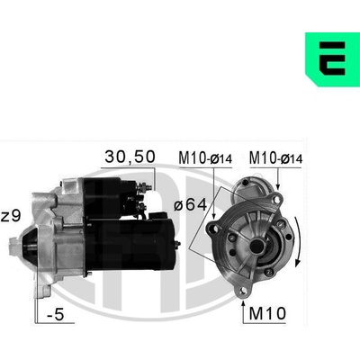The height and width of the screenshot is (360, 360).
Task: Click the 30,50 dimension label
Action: click(x=130, y=157)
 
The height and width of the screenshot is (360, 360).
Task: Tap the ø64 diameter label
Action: click(x=191, y=205)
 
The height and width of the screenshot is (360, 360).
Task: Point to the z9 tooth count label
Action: click(x=11, y=216)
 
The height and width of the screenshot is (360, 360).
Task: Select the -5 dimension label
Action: click(x=56, y=314)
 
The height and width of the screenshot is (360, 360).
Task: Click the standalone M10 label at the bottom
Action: click(x=267, y=313)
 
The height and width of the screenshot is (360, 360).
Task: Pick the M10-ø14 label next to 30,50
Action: click(x=205, y=158)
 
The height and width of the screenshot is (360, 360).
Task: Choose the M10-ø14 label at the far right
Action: click(x=275, y=158)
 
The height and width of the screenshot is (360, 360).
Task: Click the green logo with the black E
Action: click(x=332, y=59)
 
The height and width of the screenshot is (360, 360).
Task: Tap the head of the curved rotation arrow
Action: click(x=297, y=262)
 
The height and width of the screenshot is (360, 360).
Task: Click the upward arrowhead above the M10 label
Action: click(x=243, y=301)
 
